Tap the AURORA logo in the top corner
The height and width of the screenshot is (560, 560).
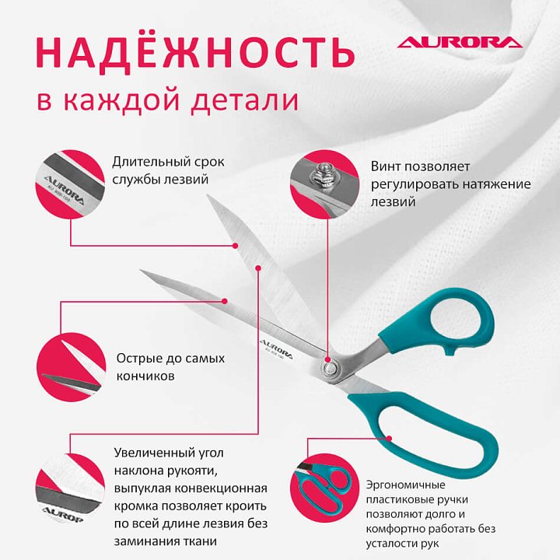click(x=460, y=42)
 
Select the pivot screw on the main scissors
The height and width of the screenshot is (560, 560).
click(x=329, y=368)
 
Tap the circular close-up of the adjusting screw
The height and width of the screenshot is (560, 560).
click(x=324, y=184)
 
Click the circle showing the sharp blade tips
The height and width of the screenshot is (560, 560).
click(x=71, y=367)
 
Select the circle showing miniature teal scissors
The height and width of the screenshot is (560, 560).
click(x=324, y=488)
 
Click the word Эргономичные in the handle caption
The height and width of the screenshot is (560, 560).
click(x=405, y=485)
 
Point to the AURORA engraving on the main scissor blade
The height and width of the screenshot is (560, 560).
click(x=275, y=348)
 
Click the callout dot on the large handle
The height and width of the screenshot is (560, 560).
click(x=390, y=438)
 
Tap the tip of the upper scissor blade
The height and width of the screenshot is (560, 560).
click(x=208, y=196)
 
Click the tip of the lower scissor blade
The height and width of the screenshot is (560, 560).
click(x=141, y=271)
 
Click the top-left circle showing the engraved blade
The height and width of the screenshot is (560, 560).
click(x=70, y=184)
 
